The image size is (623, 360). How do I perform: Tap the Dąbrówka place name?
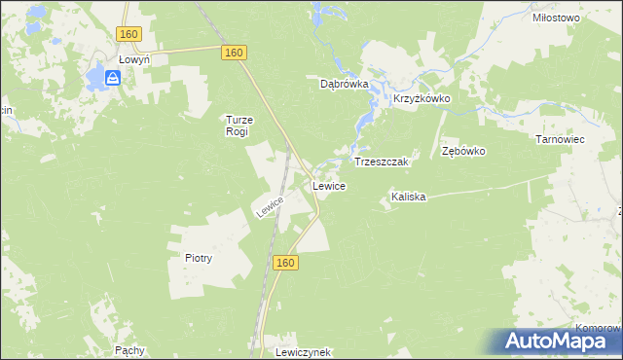tap(345, 84)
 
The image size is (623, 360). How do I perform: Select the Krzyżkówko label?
tap(422, 99)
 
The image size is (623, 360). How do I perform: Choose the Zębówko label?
tap(463, 152)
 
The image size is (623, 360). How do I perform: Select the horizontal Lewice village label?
tap(328, 185)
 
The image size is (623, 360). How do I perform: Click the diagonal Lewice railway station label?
tap(270, 206)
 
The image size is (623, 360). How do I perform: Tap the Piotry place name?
tap(198, 258)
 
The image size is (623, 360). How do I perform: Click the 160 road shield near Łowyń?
tap(129, 34)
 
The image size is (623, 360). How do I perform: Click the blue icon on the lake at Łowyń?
tap(113, 80)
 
